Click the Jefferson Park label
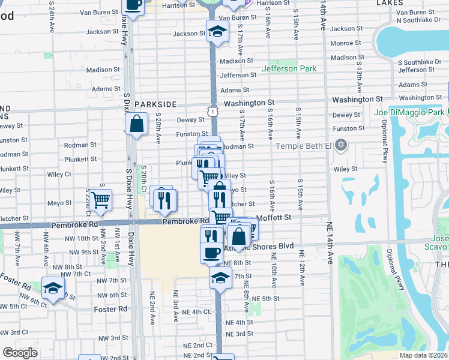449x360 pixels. (292, 69)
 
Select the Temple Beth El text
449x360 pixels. (303, 145)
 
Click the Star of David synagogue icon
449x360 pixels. (342, 145)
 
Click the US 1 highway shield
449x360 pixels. (212, 111)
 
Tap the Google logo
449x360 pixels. (20, 353)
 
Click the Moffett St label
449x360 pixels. (274, 217)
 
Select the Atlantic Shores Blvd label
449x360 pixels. (267, 246)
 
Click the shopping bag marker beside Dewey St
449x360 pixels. (137, 124)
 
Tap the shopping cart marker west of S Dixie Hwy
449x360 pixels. (100, 199)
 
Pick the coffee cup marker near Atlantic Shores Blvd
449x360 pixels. (211, 253)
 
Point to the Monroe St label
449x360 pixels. (345, 43)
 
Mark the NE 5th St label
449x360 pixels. (267, 298)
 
